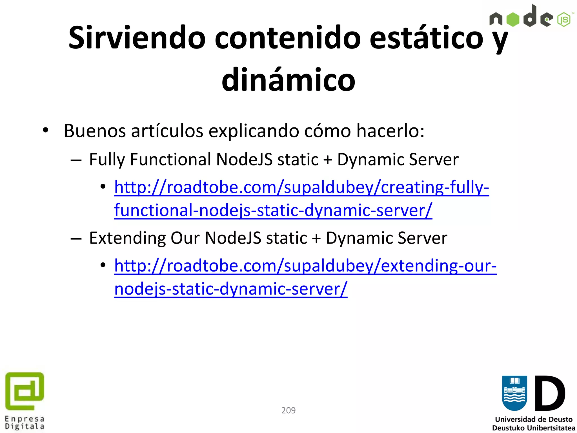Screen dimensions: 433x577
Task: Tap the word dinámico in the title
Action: [x=288, y=80]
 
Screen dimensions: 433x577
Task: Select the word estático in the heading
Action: [x=426, y=38]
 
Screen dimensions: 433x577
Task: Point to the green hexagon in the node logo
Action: [x=513, y=19]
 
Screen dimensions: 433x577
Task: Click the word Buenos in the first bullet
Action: [x=94, y=131]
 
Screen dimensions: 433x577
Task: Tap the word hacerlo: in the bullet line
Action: [x=390, y=131]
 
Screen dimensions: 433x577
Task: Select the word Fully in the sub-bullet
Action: [x=106, y=160]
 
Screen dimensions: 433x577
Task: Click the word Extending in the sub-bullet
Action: [x=127, y=238]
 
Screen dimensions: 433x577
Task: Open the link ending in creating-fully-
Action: [x=301, y=187]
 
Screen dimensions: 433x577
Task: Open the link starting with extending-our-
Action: [x=305, y=266]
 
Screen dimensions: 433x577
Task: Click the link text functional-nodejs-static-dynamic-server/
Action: [x=273, y=211]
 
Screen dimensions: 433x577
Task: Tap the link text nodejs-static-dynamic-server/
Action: [x=231, y=289]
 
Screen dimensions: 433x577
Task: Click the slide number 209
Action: [x=288, y=410]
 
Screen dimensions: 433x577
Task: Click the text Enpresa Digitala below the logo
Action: [x=25, y=423]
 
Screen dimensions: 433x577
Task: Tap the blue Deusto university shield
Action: [x=514, y=393]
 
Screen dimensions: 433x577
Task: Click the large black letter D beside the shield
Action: [x=550, y=393]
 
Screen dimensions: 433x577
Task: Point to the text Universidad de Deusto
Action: [x=534, y=419]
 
